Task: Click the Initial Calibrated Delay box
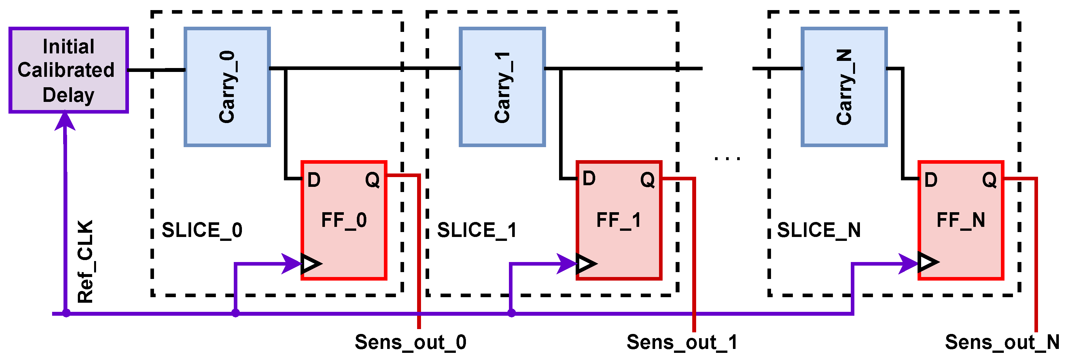pos(68,70)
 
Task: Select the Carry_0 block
pos(227,87)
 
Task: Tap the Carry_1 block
pos(502,87)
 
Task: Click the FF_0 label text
pos(344,220)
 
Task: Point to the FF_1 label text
pos(618,220)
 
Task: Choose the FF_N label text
pos(961,220)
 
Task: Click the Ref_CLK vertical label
pos(86,262)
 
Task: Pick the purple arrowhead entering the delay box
pos(65,121)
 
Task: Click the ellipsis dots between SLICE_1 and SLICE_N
pos(727,158)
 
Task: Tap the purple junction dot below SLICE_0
pos(235,313)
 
